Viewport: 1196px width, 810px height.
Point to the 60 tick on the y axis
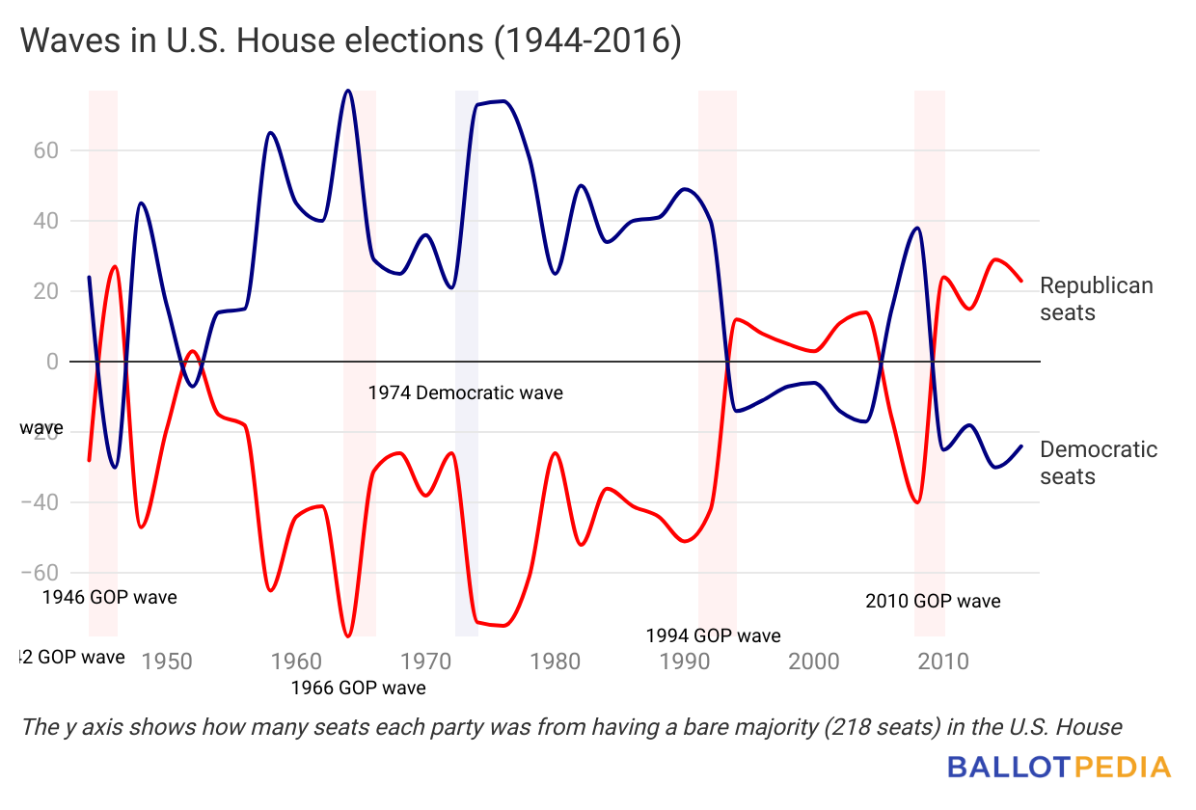coord(48,150)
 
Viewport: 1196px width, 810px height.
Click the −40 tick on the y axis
coord(42,502)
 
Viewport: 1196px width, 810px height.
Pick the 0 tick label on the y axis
coord(51,362)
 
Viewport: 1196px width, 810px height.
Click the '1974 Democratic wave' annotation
coord(465,393)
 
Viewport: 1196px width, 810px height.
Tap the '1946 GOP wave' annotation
coord(109,597)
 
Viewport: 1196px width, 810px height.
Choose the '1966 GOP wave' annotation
coord(358,688)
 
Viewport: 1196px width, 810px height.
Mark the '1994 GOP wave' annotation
coord(713,635)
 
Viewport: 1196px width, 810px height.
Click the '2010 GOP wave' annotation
coord(933,601)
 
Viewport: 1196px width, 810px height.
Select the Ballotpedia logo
coord(1058,768)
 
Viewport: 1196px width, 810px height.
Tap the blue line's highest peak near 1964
coord(348,91)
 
